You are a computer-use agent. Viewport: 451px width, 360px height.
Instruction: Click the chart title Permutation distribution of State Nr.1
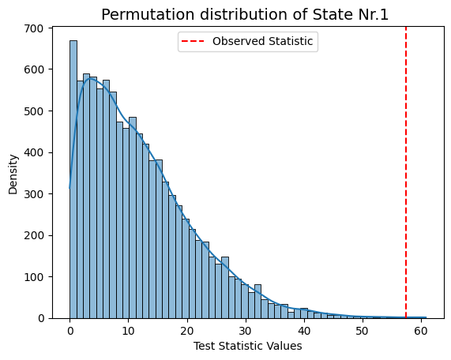tap(245, 15)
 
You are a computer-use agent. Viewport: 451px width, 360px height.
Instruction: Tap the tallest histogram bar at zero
tap(73, 179)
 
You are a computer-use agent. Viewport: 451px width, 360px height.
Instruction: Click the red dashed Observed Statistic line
tap(406, 173)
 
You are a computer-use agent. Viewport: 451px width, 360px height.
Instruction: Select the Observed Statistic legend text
tap(262, 41)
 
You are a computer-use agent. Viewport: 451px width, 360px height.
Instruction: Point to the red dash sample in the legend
tap(193, 41)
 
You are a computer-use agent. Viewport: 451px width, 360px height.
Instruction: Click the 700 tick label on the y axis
tap(33, 28)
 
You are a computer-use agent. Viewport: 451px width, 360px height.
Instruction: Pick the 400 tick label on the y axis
tap(33, 152)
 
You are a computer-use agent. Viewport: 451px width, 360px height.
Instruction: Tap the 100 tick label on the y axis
tap(33, 277)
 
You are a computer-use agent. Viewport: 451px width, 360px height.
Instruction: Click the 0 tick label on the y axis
tap(40, 318)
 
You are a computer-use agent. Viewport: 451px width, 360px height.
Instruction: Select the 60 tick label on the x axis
tap(420, 332)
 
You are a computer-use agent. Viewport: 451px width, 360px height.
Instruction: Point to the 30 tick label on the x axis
tap(245, 332)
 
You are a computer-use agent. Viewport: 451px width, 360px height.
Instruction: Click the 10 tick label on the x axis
tap(128, 332)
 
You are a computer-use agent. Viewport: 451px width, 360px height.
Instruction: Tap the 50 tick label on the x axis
tap(362, 332)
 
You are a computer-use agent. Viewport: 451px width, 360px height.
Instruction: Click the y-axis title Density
tap(13, 174)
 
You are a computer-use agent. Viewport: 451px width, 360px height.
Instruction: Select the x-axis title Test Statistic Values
tap(248, 346)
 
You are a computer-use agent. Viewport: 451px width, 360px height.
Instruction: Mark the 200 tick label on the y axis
tap(33, 235)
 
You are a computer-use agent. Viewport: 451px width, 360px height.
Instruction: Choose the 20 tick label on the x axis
tap(186, 332)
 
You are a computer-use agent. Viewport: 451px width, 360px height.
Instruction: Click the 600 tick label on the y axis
tap(33, 69)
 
